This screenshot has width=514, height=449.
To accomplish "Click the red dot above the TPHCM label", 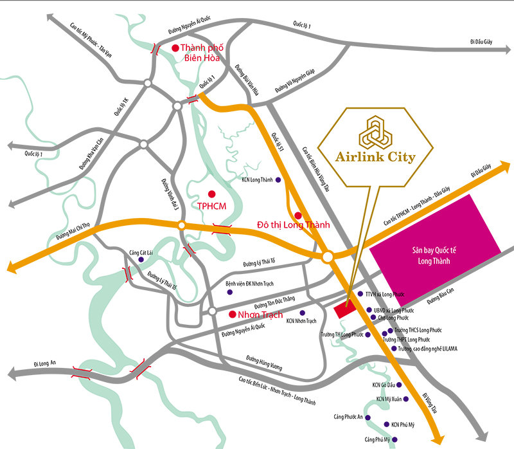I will pos(211,194).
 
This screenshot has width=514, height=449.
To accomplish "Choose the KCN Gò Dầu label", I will pos(384,385).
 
